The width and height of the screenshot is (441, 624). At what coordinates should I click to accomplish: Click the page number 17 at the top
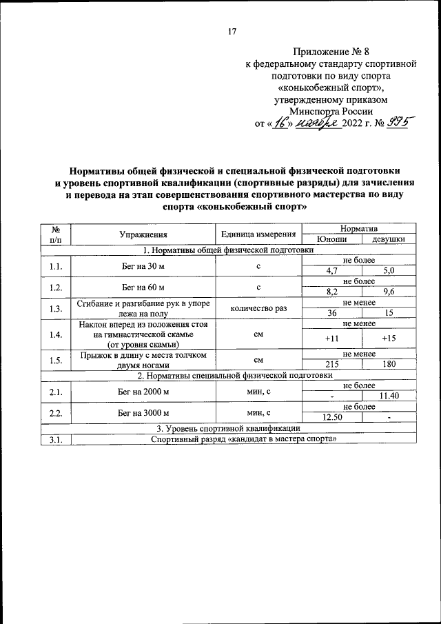click(x=232, y=31)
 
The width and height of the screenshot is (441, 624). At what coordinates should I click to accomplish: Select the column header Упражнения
click(x=143, y=234)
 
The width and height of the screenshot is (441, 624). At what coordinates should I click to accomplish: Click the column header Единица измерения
click(x=259, y=234)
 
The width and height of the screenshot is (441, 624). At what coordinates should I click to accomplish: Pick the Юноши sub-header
click(x=331, y=239)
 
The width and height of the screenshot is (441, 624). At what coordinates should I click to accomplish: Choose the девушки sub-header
click(x=389, y=239)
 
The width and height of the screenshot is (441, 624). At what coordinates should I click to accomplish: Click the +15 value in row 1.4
click(x=389, y=339)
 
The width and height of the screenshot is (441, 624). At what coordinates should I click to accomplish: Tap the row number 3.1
click(x=57, y=439)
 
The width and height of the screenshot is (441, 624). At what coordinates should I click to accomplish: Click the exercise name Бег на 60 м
click(x=143, y=286)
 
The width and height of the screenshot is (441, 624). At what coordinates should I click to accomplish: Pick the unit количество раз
click(x=259, y=308)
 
